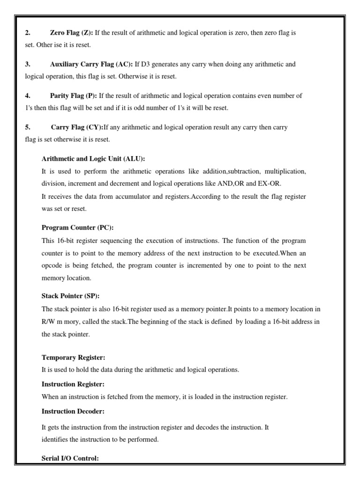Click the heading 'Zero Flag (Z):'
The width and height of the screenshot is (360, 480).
(71, 33)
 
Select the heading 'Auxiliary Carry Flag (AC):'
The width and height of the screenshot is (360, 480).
(91, 64)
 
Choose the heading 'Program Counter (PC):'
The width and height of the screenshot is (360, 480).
(78, 228)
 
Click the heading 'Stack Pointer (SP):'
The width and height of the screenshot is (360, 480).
(71, 296)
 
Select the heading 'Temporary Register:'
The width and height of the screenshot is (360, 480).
(73, 357)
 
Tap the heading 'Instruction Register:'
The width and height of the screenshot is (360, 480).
(73, 384)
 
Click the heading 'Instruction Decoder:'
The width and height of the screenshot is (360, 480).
(73, 411)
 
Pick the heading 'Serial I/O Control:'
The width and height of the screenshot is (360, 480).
(70, 459)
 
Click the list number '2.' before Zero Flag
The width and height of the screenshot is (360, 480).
(28, 33)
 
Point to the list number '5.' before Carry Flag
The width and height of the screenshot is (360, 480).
(28, 127)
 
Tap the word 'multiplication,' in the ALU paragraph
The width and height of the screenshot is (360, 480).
(285, 172)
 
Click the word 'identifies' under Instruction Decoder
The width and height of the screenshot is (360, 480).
(54, 440)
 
